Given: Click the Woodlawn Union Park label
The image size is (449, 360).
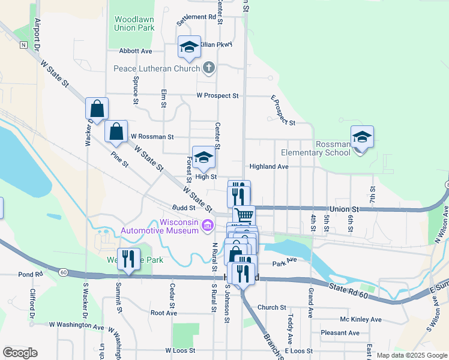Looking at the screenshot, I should pyautogui.click(x=134, y=23).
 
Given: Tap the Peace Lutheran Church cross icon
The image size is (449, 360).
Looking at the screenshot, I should pyautogui.click(x=208, y=68).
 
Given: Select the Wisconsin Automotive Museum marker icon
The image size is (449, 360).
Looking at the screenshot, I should pyautogui.click(x=208, y=226).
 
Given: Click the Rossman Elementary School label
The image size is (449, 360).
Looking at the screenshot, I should pyautogui.click(x=333, y=148).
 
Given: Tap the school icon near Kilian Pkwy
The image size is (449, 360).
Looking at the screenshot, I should pyautogui.click(x=189, y=47).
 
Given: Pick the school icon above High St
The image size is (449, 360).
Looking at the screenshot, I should pyautogui.click(x=203, y=157).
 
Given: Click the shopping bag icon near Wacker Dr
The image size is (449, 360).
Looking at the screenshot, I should pyautogui.click(x=97, y=109).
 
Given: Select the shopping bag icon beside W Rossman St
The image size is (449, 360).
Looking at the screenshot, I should pyautogui.click(x=116, y=131).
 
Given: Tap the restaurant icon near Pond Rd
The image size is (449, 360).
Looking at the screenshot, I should pyautogui.click(x=128, y=259).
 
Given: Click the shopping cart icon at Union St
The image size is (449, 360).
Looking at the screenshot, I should pyautogui.click(x=244, y=215).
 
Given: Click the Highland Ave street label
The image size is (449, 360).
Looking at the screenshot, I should pyautogui.click(x=270, y=166).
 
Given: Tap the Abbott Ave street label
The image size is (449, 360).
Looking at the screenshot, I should pyautogui.click(x=136, y=52).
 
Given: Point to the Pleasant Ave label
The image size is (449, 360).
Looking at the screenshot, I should pyautogui.click(x=340, y=333).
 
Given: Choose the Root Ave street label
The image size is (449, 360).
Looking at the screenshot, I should pyautogui.click(x=163, y=313).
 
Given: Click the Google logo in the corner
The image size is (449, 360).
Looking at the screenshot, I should pyautogui.click(x=20, y=353).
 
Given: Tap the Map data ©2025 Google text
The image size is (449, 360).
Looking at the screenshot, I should pyautogui.click(x=412, y=355).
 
